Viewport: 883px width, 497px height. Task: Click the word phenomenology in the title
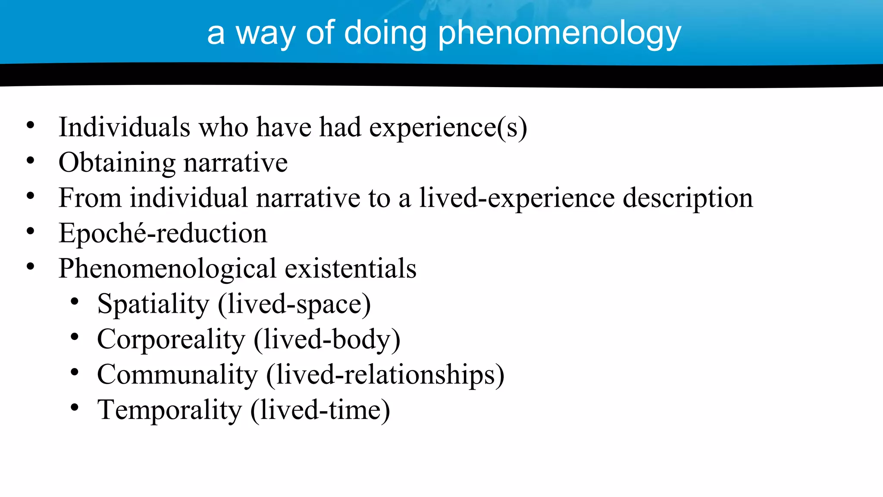coord(559,34)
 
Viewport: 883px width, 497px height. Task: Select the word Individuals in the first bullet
coord(124,127)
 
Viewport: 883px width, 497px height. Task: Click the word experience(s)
coord(448,128)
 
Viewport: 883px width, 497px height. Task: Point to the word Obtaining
coord(117,164)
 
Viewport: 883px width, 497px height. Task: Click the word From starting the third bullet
coord(90,198)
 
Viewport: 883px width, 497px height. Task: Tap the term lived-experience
coord(517,198)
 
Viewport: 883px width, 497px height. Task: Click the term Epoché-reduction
coord(163,234)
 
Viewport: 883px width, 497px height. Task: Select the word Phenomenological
coord(167,269)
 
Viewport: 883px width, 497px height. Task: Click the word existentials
coord(351,268)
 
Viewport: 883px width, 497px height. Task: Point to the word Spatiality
coord(153,305)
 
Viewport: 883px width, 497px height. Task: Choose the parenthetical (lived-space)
coord(294,305)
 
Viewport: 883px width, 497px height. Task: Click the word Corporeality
coord(171,340)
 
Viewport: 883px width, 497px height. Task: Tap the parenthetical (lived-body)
coord(327,340)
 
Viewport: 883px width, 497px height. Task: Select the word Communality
coord(177,374)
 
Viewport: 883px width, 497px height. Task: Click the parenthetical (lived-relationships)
coord(385,374)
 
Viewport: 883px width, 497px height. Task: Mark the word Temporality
coord(169,410)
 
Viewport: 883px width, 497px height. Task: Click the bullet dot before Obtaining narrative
coord(30,160)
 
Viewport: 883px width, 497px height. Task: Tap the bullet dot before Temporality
coord(75,407)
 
